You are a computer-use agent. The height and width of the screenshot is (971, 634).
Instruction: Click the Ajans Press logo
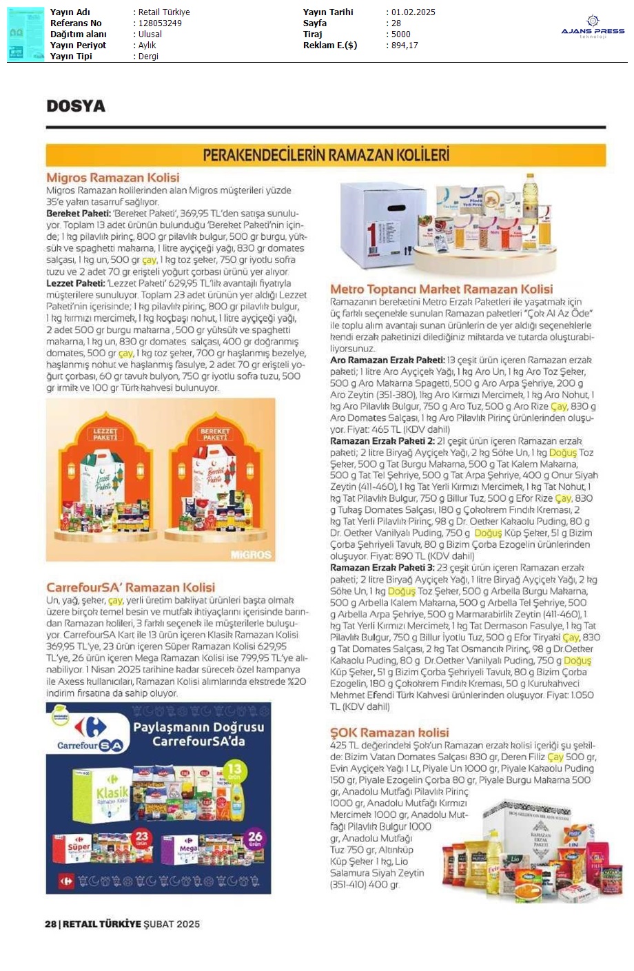[x=592, y=28]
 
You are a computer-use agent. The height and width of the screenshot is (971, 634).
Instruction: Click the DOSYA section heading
[x=76, y=106]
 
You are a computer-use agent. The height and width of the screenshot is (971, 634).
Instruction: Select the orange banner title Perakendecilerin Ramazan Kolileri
[x=326, y=155]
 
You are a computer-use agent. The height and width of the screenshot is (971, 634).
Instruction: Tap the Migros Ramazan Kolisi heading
[x=113, y=178]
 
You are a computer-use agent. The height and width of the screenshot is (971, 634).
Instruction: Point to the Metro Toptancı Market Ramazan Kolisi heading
[x=441, y=289]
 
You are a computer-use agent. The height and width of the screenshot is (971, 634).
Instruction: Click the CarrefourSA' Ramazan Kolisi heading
[x=131, y=588]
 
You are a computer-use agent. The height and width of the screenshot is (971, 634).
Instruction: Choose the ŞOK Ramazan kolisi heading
[x=389, y=733]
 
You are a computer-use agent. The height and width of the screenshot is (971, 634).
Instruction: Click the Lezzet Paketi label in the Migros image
[x=105, y=434]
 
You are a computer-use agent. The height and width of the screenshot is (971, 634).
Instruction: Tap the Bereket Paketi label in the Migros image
[x=215, y=434]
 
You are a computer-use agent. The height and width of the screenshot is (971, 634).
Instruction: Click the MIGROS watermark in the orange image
[x=251, y=554]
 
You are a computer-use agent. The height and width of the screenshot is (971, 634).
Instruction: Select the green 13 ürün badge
[x=234, y=770]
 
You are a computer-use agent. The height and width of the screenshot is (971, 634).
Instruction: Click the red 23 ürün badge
[x=142, y=838]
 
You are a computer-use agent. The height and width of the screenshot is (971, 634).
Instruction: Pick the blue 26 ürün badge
[x=255, y=838]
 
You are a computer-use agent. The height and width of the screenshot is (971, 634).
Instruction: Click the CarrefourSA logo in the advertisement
[x=90, y=734]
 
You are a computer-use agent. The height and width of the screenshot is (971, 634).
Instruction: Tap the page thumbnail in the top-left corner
[x=25, y=34]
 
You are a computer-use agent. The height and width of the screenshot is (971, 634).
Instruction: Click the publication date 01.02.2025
[x=413, y=12]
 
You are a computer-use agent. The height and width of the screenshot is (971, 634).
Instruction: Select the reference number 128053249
[x=160, y=23]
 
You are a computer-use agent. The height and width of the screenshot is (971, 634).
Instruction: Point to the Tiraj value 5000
[x=401, y=34]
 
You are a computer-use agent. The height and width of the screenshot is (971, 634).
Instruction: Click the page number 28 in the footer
[x=50, y=924]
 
